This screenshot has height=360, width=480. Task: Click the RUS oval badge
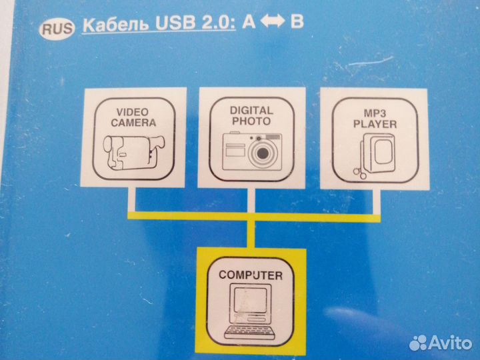[x=57, y=29]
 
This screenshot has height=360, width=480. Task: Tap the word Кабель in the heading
[x=117, y=24]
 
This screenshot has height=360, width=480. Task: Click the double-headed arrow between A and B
[x=273, y=21]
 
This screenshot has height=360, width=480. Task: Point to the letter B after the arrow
[x=297, y=21]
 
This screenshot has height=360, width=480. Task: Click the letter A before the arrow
[x=249, y=22]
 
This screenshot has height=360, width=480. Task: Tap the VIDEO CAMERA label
[x=133, y=117]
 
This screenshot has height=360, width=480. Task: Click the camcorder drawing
[x=134, y=153]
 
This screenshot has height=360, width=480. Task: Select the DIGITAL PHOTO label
[x=251, y=116]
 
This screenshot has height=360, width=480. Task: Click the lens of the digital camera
[x=263, y=153]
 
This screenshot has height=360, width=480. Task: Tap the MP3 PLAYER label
[x=375, y=119]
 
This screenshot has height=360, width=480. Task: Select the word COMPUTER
[x=251, y=275]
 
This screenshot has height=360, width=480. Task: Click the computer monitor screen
[x=250, y=300]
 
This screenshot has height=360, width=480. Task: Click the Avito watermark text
[x=450, y=343]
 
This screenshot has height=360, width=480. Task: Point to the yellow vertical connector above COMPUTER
[x=251, y=234]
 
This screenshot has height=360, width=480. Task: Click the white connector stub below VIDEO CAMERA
[x=131, y=199]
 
